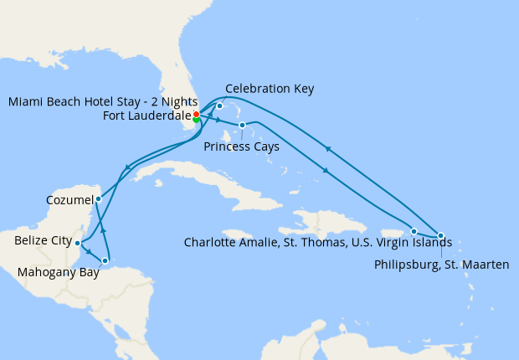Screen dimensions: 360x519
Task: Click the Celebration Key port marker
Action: coord(219,106)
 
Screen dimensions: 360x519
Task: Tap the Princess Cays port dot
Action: coord(242,126)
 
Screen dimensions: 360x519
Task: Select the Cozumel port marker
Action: coord(99,199)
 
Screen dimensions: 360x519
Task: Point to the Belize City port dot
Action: coord(78,244)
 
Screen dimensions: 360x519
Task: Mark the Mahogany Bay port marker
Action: coord(105,261)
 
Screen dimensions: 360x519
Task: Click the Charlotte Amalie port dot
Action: coord(414,231)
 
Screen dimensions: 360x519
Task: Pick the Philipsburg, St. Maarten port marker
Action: coord(441,236)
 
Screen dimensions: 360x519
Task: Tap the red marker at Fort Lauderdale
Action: coord(196,114)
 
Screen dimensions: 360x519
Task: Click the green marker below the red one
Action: coord(197,120)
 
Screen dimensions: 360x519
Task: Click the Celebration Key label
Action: coord(270,88)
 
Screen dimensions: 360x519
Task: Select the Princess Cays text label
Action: coord(241,147)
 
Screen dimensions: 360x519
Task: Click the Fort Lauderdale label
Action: coord(147,116)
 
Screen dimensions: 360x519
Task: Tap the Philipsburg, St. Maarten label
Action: coord(442,265)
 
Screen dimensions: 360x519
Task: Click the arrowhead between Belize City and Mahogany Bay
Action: coord(90,250)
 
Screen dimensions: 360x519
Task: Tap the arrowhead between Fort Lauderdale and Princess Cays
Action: coord(218,121)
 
